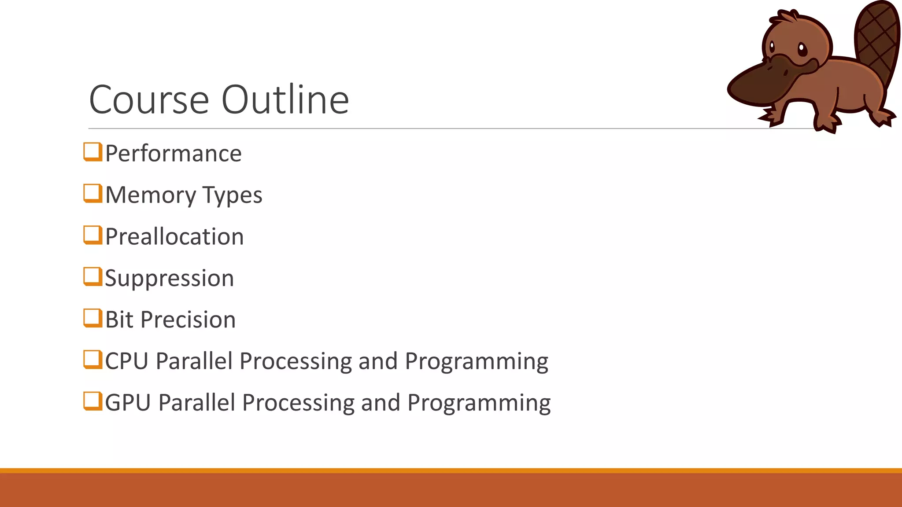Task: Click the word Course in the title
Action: coord(149,100)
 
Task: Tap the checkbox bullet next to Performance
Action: coord(92,152)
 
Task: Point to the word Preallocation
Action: coord(174,237)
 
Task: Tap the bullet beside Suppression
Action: coord(92,276)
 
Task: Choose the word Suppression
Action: coord(170,279)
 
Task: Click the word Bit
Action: coord(119,320)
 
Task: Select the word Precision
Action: coord(188,320)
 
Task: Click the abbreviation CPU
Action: coord(126,361)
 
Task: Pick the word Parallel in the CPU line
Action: coord(194,361)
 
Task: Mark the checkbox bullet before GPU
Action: coord(92,401)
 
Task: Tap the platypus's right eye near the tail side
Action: coord(802,48)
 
